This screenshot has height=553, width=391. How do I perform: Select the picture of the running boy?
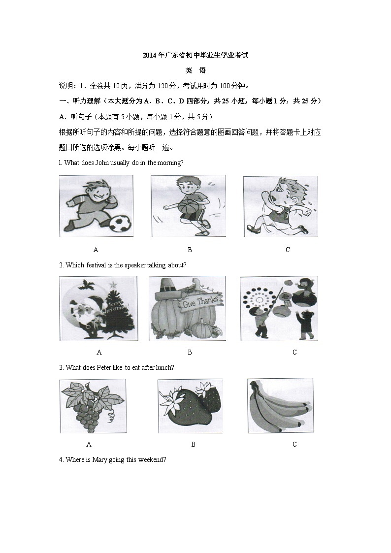pos(280,206)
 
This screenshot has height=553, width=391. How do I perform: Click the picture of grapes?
pos(92,406)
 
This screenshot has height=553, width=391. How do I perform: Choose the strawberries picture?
pos(190,406)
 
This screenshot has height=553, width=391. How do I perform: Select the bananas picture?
pos(280,406)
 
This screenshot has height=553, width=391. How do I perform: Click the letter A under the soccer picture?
pos(96,250)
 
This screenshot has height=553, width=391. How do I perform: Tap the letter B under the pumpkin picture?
pos(190,352)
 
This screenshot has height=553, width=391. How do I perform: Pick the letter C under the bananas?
pos(294,444)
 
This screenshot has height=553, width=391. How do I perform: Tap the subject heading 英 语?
pos(195,70)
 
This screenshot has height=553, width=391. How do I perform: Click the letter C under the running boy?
pos(288,250)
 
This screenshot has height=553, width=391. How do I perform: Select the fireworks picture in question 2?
pos(279,308)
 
